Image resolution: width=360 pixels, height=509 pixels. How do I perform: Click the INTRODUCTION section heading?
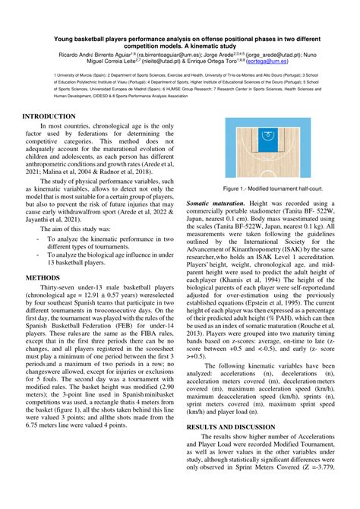point(48,116)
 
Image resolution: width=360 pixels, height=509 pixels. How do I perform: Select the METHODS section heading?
point(38,278)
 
